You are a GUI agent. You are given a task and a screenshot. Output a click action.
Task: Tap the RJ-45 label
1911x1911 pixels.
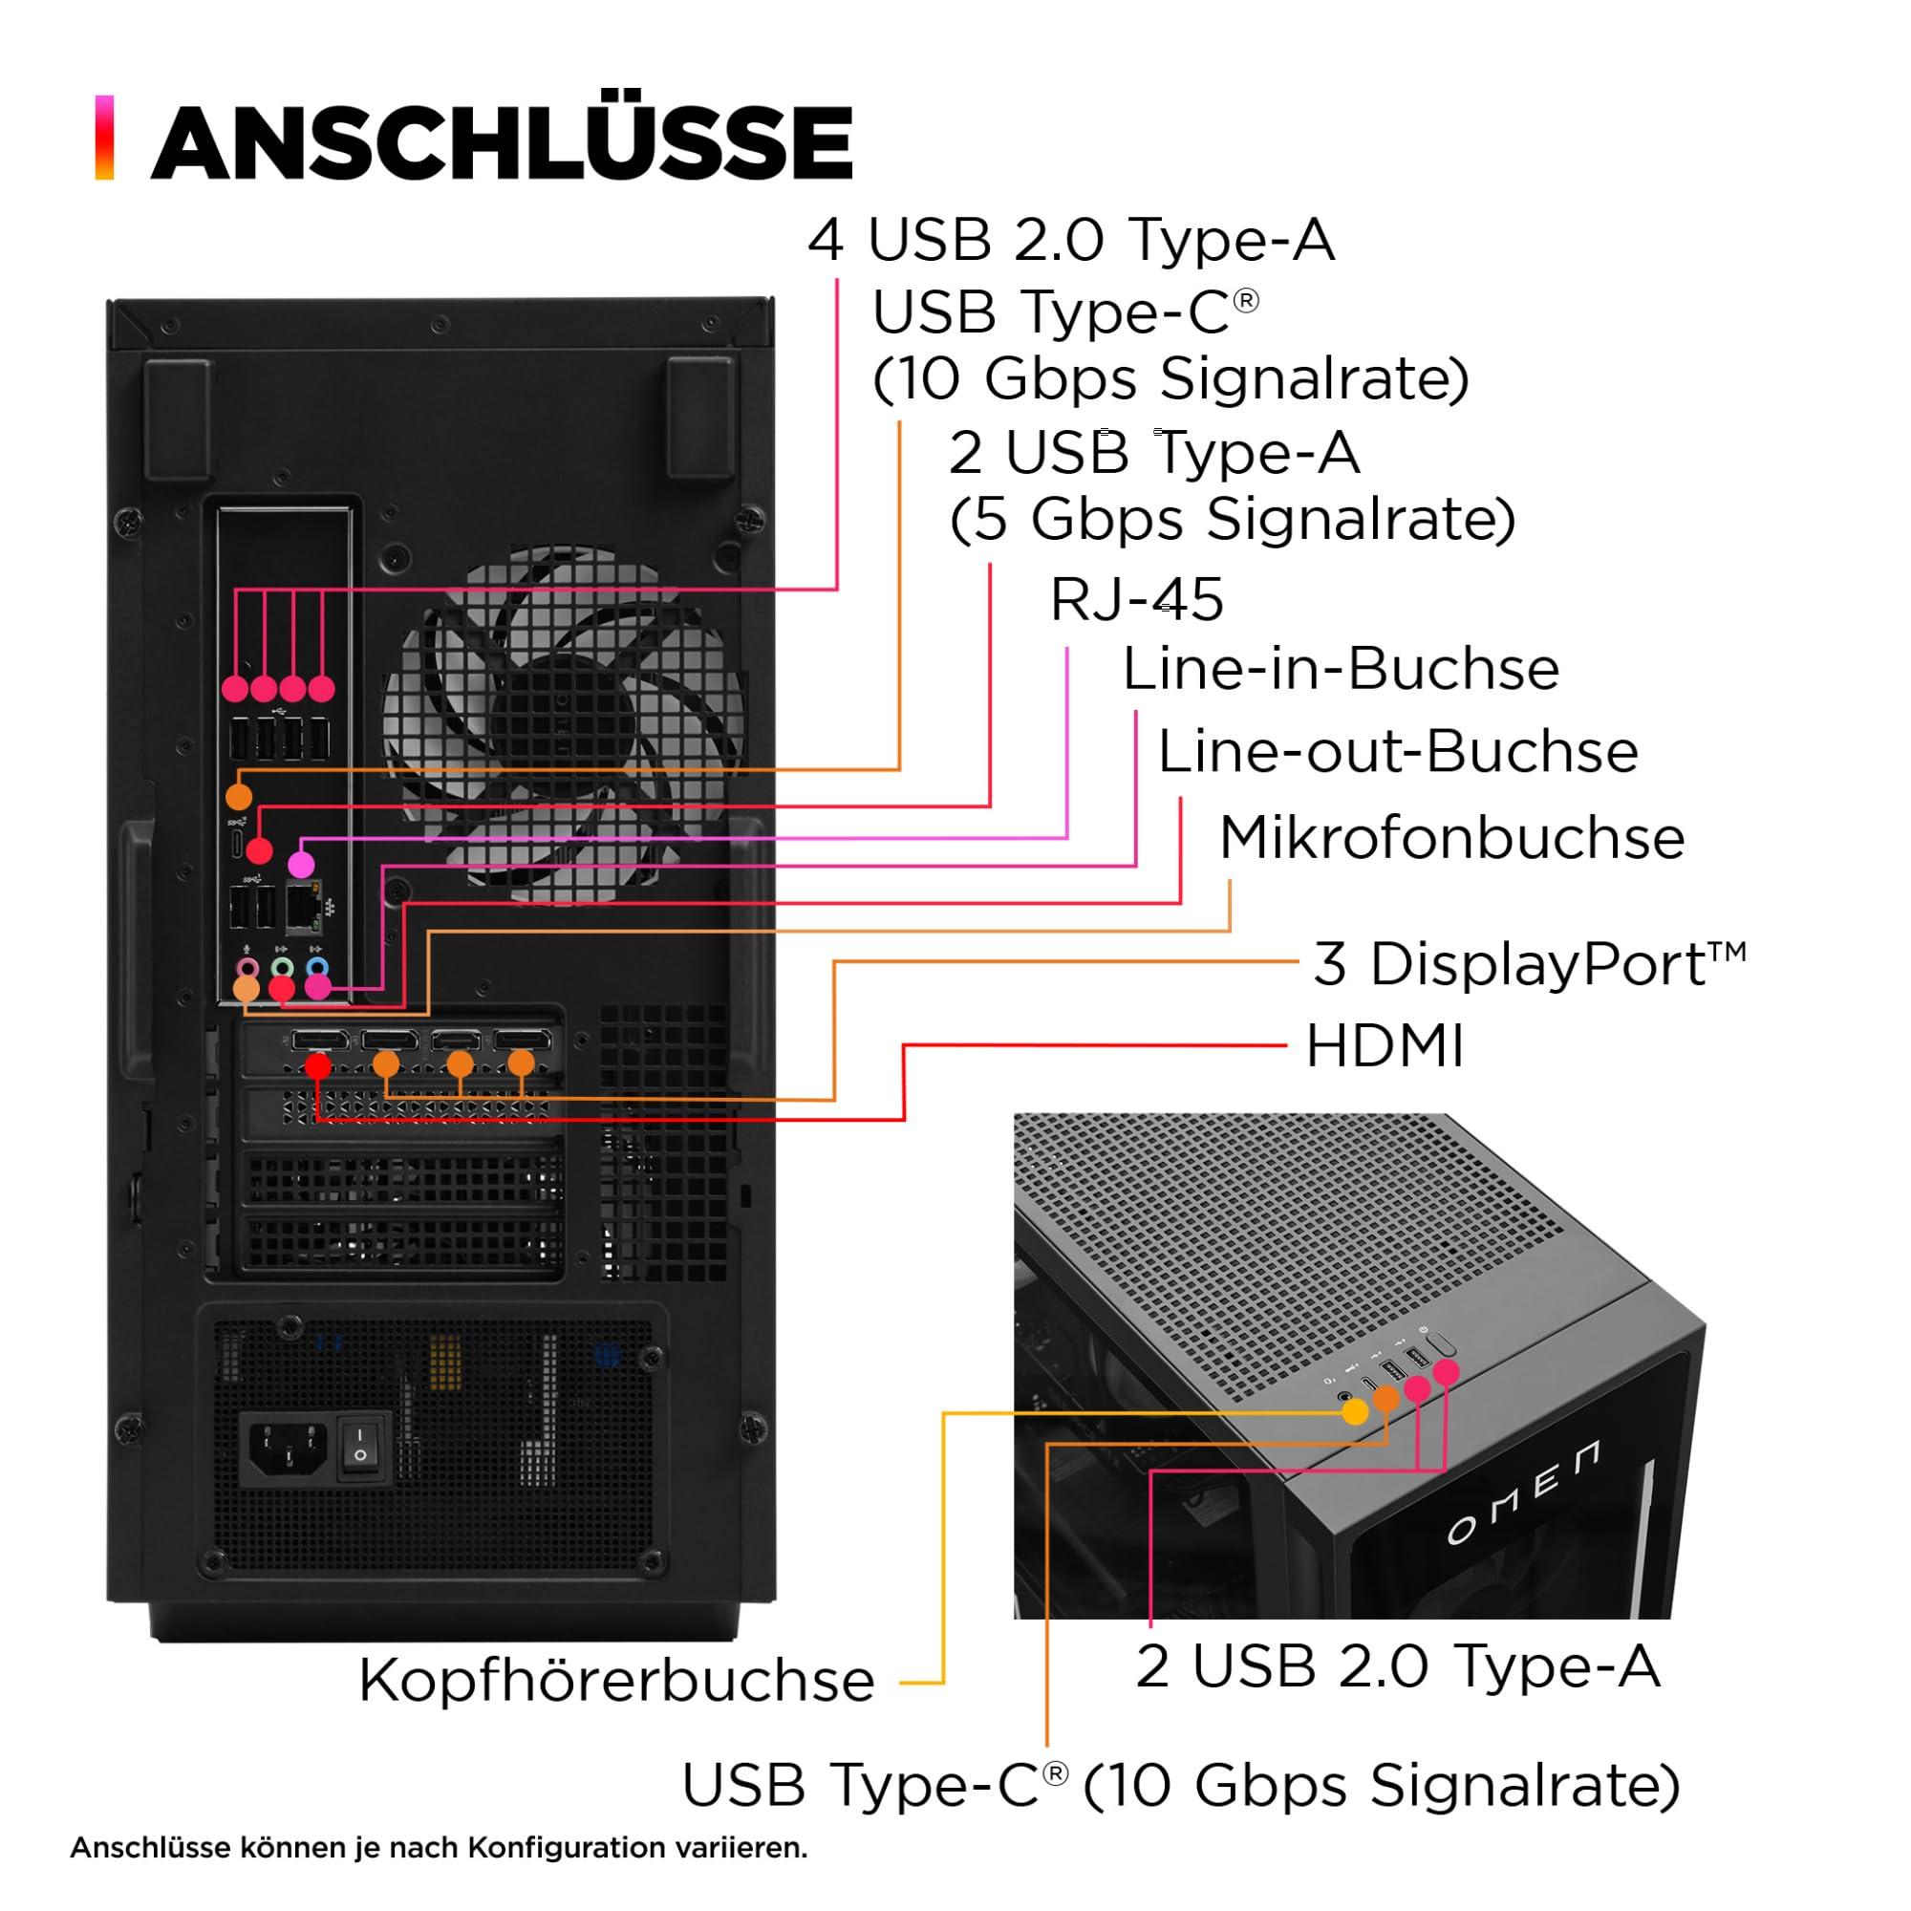click(x=1135, y=599)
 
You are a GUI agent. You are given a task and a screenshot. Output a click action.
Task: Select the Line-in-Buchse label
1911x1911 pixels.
click(x=1341, y=670)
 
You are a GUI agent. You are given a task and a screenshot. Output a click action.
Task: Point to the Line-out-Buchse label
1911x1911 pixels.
click(x=1398, y=752)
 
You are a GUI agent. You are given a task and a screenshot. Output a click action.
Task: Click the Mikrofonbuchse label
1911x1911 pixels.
click(x=1451, y=839)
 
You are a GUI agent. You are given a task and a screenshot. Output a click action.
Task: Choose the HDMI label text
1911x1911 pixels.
click(x=1384, y=1046)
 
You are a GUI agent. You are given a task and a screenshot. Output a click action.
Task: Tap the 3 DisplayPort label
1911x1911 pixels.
click(x=1528, y=964)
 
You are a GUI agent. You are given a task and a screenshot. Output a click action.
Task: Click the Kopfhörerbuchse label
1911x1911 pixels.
click(x=616, y=1680)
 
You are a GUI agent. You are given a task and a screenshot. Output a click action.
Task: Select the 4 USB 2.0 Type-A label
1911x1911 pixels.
click(x=1071, y=241)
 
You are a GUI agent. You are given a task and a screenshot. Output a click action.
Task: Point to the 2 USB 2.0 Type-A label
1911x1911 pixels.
click(x=1397, y=1665)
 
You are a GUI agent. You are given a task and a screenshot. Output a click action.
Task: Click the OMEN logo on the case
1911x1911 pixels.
click(x=1522, y=1494)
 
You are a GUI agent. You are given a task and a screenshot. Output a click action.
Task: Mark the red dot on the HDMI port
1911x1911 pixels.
click(x=317, y=1066)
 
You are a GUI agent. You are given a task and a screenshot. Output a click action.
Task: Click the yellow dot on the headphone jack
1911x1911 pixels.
click(x=1355, y=1411)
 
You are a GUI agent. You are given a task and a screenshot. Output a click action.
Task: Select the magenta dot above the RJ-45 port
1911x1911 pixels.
click(x=301, y=865)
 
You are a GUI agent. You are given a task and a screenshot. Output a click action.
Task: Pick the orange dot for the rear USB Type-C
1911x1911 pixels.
click(x=238, y=795)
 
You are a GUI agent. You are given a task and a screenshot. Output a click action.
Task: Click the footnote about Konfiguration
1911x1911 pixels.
click(x=439, y=1848)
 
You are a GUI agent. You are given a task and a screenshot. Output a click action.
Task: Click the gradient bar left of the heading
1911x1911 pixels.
click(x=104, y=138)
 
